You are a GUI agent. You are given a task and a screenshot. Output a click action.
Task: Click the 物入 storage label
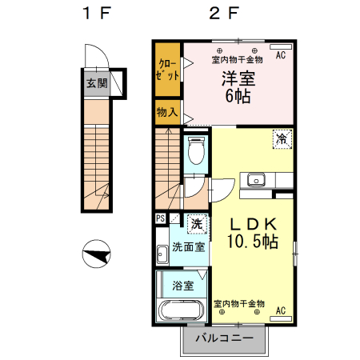coord(168,113)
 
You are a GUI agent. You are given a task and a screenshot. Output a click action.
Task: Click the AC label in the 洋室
coord(281,56)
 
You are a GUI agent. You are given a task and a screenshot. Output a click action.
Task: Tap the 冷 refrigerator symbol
coord(282,138)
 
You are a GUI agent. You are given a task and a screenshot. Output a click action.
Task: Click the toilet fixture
coord(195,150)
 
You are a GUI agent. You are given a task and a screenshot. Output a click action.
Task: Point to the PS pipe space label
coord(161,218)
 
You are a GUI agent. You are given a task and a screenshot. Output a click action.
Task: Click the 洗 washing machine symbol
coord(196,222)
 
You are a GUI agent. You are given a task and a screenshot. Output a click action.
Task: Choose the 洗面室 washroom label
coord(189,246)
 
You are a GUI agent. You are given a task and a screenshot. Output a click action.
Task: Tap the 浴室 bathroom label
coord(183,286)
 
